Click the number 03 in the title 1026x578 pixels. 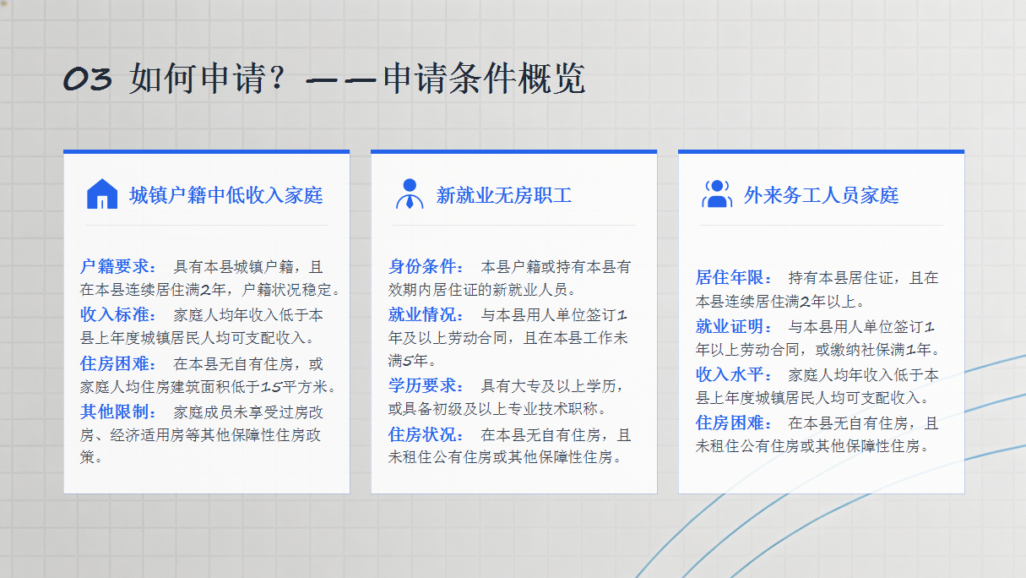click(87, 79)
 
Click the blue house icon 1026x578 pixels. click(102, 194)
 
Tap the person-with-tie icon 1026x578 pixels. click(410, 194)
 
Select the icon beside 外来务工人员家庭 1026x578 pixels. click(717, 194)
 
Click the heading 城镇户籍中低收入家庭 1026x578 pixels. click(225, 195)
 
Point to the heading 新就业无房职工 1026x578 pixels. click(504, 195)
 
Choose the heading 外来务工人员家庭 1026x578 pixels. click(821, 195)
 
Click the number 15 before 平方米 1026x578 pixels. click(271, 387)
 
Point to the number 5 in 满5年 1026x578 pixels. click(407, 361)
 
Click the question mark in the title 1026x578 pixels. click(277, 78)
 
